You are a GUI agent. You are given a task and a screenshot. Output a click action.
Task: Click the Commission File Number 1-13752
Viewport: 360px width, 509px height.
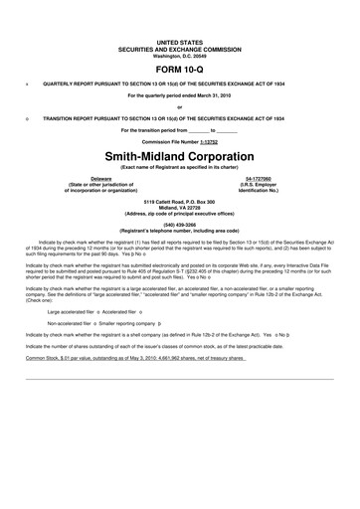pyautogui.click(x=179, y=142)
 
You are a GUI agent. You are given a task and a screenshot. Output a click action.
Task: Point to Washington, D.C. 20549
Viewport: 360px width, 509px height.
pyautogui.click(x=179, y=56)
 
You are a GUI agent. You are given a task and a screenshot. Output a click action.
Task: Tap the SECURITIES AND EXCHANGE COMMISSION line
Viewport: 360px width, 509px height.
pyautogui.click(x=179, y=50)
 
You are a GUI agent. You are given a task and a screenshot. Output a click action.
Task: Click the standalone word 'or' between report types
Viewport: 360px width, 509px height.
pyautogui.click(x=179, y=106)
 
